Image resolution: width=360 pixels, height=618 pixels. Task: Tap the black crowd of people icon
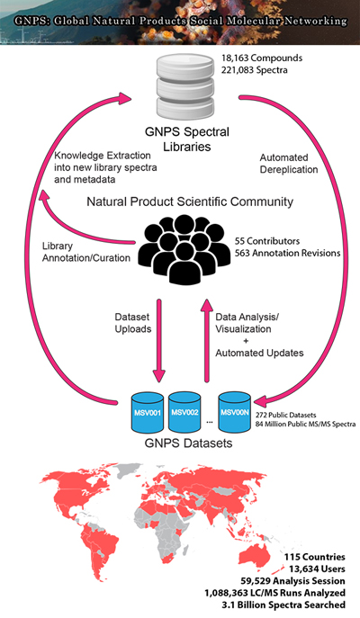(x=184, y=249)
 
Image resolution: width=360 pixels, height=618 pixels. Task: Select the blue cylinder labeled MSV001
(x=147, y=412)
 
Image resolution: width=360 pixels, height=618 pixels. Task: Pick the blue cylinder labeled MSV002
(x=184, y=412)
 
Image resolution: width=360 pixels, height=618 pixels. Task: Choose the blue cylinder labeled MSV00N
(x=235, y=412)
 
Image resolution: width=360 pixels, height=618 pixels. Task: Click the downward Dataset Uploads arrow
(x=159, y=340)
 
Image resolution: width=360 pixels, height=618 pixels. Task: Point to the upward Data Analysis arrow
(x=206, y=340)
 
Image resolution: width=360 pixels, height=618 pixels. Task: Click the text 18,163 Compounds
(x=262, y=58)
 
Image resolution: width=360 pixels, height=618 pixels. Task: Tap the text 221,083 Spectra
(x=255, y=70)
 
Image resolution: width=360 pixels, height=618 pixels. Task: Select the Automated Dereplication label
(x=289, y=164)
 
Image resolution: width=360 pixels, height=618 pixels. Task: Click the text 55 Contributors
(x=267, y=241)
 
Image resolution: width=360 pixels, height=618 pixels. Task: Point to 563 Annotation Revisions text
(x=288, y=253)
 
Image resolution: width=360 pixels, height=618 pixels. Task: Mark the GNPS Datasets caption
(x=188, y=443)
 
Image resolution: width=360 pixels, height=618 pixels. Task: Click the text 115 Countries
(x=315, y=557)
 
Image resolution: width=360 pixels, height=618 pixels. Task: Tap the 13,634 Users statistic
(x=317, y=569)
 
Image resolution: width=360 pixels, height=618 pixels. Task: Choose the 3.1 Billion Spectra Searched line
(x=283, y=605)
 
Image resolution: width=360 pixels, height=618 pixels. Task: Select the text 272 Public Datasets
(x=286, y=415)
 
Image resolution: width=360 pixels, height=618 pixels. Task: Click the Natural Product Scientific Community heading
(x=190, y=202)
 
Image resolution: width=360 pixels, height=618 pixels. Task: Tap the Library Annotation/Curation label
(x=86, y=252)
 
